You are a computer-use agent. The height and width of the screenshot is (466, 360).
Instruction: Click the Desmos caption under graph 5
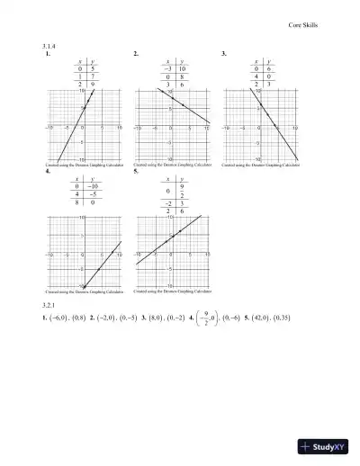pos(173,291)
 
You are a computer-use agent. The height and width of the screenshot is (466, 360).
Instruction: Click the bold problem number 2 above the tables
pos(135,54)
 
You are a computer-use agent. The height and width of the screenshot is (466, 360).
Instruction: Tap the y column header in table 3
pos(270,60)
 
